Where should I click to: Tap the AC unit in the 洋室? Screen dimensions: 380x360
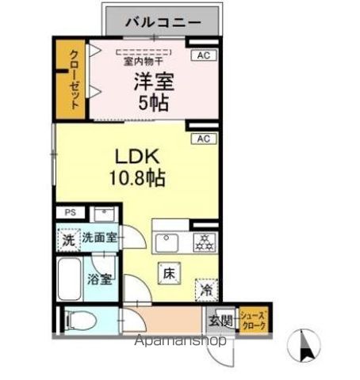tap(204, 55)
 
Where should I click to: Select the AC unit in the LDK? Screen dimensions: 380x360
tap(204, 138)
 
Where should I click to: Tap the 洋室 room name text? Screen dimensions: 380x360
tap(153, 80)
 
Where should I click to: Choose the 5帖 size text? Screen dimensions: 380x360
tap(154, 103)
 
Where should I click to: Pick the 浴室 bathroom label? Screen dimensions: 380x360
tap(99, 278)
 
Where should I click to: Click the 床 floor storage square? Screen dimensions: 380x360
tap(170, 273)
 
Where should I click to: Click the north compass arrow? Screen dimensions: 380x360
tap(307, 344)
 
